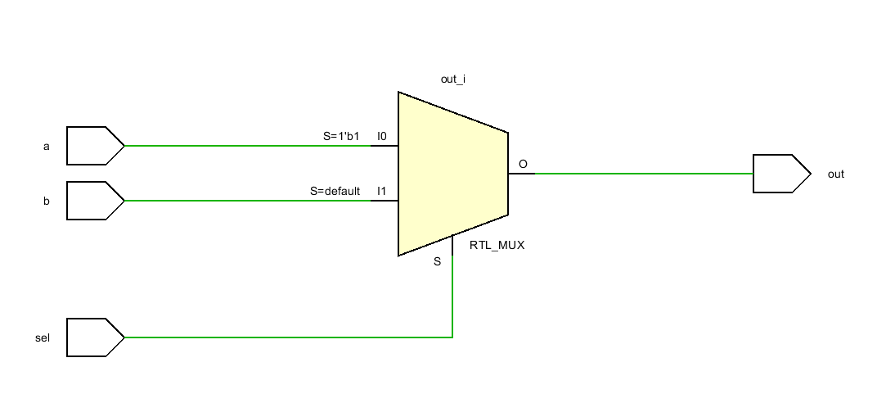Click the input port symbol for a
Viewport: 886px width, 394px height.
(95, 146)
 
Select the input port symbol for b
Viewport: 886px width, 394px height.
(95, 201)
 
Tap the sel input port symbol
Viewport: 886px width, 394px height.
(95, 337)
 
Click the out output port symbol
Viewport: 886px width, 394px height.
(781, 173)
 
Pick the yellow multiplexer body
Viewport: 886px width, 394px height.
(452, 174)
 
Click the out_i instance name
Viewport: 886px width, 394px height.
(453, 79)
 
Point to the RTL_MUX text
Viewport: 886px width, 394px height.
(497, 246)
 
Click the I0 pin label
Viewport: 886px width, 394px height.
(383, 136)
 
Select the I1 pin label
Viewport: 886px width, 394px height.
(382, 192)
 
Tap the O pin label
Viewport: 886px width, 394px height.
(524, 164)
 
